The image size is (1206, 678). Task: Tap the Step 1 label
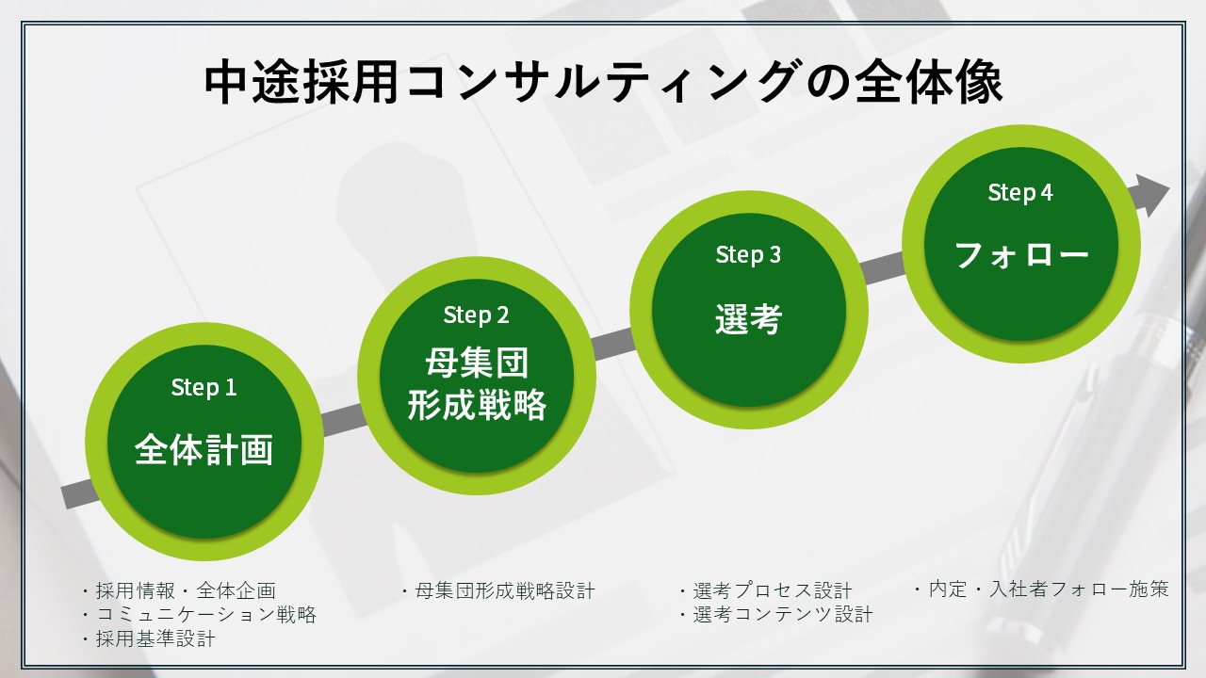click(204, 387)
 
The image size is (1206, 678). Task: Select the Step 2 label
click(476, 315)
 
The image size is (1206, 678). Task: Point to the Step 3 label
click(748, 255)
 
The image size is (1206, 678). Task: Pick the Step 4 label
click(1020, 193)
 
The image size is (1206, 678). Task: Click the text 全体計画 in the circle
click(204, 449)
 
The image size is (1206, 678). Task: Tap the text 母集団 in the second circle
click(477, 363)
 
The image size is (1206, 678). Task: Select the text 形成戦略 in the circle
click(477, 405)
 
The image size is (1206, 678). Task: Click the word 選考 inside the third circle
click(748, 319)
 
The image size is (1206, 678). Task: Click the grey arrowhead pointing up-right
click(1151, 195)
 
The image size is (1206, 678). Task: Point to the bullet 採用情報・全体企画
click(179, 590)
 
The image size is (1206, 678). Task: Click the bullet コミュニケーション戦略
click(199, 615)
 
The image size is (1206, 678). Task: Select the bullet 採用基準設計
click(149, 638)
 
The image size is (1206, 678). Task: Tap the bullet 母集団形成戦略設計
click(498, 590)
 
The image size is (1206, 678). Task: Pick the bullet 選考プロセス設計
click(766, 590)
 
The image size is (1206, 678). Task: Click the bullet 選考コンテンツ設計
click(775, 615)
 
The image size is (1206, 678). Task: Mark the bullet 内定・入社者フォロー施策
click(1042, 589)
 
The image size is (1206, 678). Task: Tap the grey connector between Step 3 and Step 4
click(883, 268)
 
